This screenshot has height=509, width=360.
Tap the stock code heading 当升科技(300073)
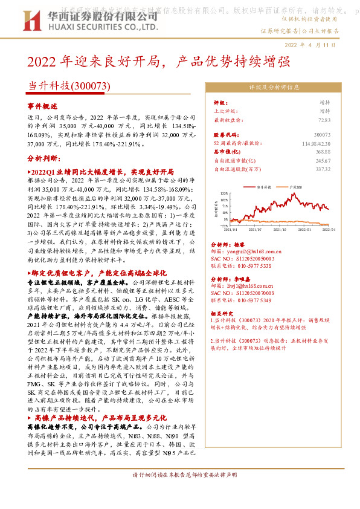[69, 86]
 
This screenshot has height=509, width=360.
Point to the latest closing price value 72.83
[324, 120]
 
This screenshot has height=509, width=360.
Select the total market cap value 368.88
[323, 152]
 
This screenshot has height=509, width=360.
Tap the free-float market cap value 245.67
[323, 161]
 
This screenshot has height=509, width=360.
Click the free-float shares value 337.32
[323, 170]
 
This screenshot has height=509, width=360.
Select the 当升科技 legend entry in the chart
[264, 189]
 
